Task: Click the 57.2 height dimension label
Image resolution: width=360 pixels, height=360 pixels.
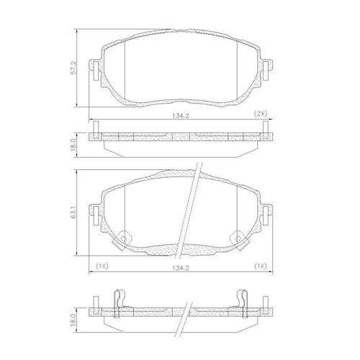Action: (x=73, y=68)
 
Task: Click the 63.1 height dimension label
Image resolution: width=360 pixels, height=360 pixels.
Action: (x=73, y=212)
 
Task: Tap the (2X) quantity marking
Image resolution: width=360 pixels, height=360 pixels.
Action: (x=261, y=114)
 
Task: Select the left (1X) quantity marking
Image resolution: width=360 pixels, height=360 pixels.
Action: (x=102, y=266)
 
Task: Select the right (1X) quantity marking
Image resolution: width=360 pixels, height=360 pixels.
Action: (x=261, y=266)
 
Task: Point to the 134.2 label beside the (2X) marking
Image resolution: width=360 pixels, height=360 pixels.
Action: (x=181, y=116)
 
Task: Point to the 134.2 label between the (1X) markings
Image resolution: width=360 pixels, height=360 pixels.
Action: (x=181, y=268)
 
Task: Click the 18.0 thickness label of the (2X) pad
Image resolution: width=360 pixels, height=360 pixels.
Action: (x=73, y=144)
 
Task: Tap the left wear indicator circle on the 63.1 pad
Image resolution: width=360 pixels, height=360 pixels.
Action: (x=124, y=238)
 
